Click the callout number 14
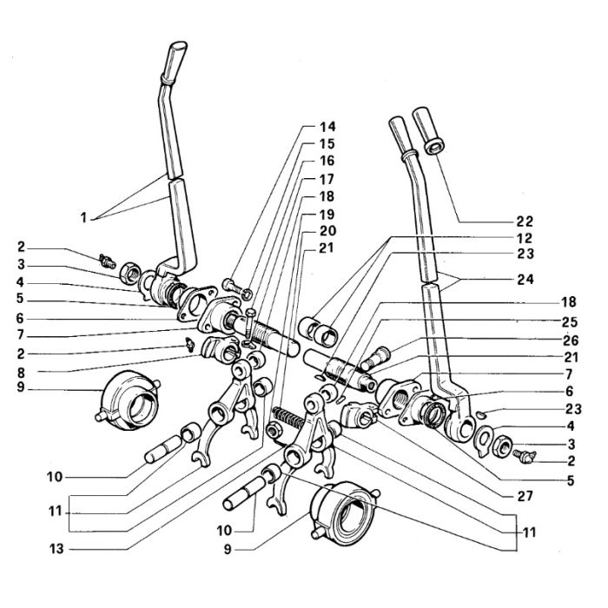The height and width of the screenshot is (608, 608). (x=327, y=127)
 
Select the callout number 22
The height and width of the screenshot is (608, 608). (x=525, y=221)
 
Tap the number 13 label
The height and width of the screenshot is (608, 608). (x=56, y=549)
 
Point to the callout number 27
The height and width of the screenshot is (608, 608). (x=525, y=496)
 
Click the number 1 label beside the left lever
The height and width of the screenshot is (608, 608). (x=83, y=217)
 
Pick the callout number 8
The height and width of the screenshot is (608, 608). (x=21, y=373)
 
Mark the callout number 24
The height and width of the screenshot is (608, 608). (x=525, y=279)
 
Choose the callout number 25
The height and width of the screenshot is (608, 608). (x=569, y=322)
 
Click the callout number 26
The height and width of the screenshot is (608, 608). (x=570, y=340)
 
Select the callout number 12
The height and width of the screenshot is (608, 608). (x=525, y=238)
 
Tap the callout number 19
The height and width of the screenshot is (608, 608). (x=327, y=214)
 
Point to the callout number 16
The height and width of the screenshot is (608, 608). (x=327, y=161)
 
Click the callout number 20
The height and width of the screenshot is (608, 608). (x=327, y=231)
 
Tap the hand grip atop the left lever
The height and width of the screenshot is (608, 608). (x=174, y=62)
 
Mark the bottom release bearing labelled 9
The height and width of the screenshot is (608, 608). (x=344, y=511)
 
